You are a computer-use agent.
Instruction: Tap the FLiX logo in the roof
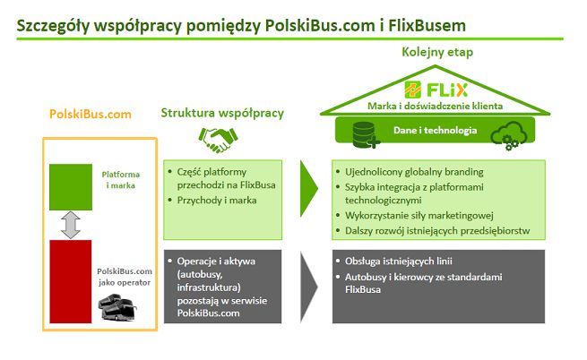(x=436, y=90)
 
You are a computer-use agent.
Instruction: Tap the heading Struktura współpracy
(x=222, y=113)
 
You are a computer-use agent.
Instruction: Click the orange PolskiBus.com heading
(x=90, y=114)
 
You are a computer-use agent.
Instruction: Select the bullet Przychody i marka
(x=217, y=201)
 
